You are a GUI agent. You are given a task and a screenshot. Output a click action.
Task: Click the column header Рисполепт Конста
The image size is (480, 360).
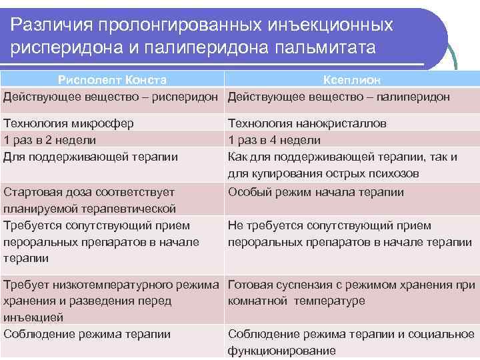pyautogui.click(x=112, y=80)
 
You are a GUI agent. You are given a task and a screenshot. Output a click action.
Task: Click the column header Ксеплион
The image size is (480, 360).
pyautogui.click(x=352, y=80)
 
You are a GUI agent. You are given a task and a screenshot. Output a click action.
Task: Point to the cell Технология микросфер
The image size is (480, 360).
pyautogui.click(x=69, y=123)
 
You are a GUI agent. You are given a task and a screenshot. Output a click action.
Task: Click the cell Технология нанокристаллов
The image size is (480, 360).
pyautogui.click(x=307, y=123)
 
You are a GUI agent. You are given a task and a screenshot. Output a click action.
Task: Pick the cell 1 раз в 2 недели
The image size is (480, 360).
pyautogui.click(x=50, y=140)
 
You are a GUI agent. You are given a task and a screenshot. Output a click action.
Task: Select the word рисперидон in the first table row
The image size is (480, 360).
pyautogui.click(x=189, y=97)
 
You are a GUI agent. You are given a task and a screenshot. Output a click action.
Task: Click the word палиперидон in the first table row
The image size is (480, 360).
pyautogui.click(x=413, y=97)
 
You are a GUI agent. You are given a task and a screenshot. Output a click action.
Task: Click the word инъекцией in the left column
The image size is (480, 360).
pyautogui.click(x=34, y=317)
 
